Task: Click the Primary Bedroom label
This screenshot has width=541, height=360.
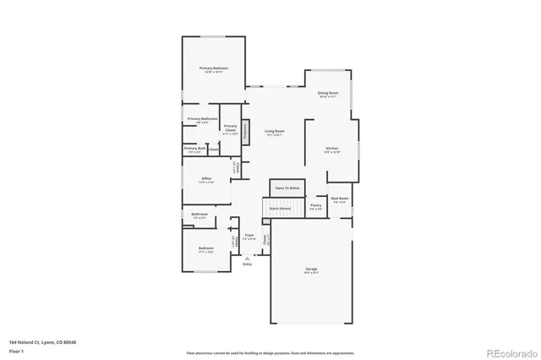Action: [x=213, y=68]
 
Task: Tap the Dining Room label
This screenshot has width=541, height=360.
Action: [x=328, y=94]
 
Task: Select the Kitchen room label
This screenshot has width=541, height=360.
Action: [x=331, y=150]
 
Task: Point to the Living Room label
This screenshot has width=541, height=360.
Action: [x=274, y=132]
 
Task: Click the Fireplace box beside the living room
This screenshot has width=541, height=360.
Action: [x=246, y=131]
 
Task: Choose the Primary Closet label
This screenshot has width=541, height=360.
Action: [x=230, y=131]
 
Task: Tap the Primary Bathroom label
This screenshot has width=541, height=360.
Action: [x=203, y=120]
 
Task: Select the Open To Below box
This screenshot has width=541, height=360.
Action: [x=287, y=188]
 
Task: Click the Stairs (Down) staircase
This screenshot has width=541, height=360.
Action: [x=280, y=208]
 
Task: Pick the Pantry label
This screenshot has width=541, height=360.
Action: [x=315, y=206]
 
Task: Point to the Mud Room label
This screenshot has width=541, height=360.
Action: [x=340, y=200]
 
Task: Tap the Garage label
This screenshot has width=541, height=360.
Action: [x=312, y=270]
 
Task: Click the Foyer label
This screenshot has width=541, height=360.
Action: [x=249, y=237]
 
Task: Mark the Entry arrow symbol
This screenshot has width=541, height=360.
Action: [x=248, y=258]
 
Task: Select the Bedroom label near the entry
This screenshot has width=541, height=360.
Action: [x=206, y=249]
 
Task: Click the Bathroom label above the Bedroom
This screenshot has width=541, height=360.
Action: [x=199, y=215]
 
